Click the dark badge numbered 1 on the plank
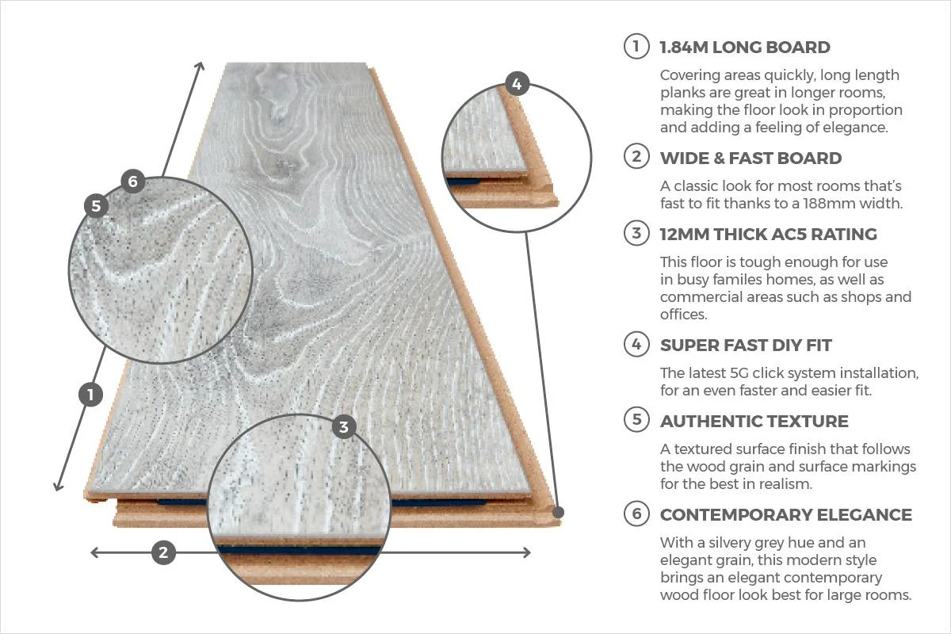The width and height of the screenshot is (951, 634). coord(90,395)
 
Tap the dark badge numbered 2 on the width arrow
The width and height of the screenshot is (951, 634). coord(163,552)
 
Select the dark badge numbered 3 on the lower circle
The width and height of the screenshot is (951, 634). coord(344,427)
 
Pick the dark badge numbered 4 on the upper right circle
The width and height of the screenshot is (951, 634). coord(517,84)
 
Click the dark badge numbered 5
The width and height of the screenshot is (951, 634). coord(97,206)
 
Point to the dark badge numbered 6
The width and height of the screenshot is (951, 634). coord(133,181)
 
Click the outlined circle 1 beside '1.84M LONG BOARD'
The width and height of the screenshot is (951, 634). coord(636,46)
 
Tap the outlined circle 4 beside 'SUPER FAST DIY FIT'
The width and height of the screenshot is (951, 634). coord(636,345)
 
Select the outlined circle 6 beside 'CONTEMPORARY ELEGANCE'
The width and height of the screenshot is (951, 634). coord(636,514)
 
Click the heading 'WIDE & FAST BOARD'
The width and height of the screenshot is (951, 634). coord(750,158)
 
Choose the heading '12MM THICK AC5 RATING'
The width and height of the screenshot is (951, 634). coord(769,235)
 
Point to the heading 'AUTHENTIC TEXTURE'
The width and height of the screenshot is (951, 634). coord(754,422)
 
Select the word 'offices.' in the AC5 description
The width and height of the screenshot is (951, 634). coord(683,315)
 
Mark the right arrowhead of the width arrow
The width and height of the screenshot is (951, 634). coord(527,552)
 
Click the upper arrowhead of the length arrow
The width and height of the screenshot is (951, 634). coord(200,67)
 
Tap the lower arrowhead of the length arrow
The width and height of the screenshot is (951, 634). coord(58,486)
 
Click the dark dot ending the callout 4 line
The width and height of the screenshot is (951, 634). coord(559,513)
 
